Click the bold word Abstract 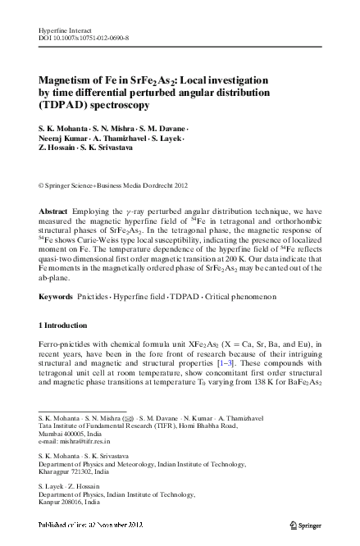coord(53,212)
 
